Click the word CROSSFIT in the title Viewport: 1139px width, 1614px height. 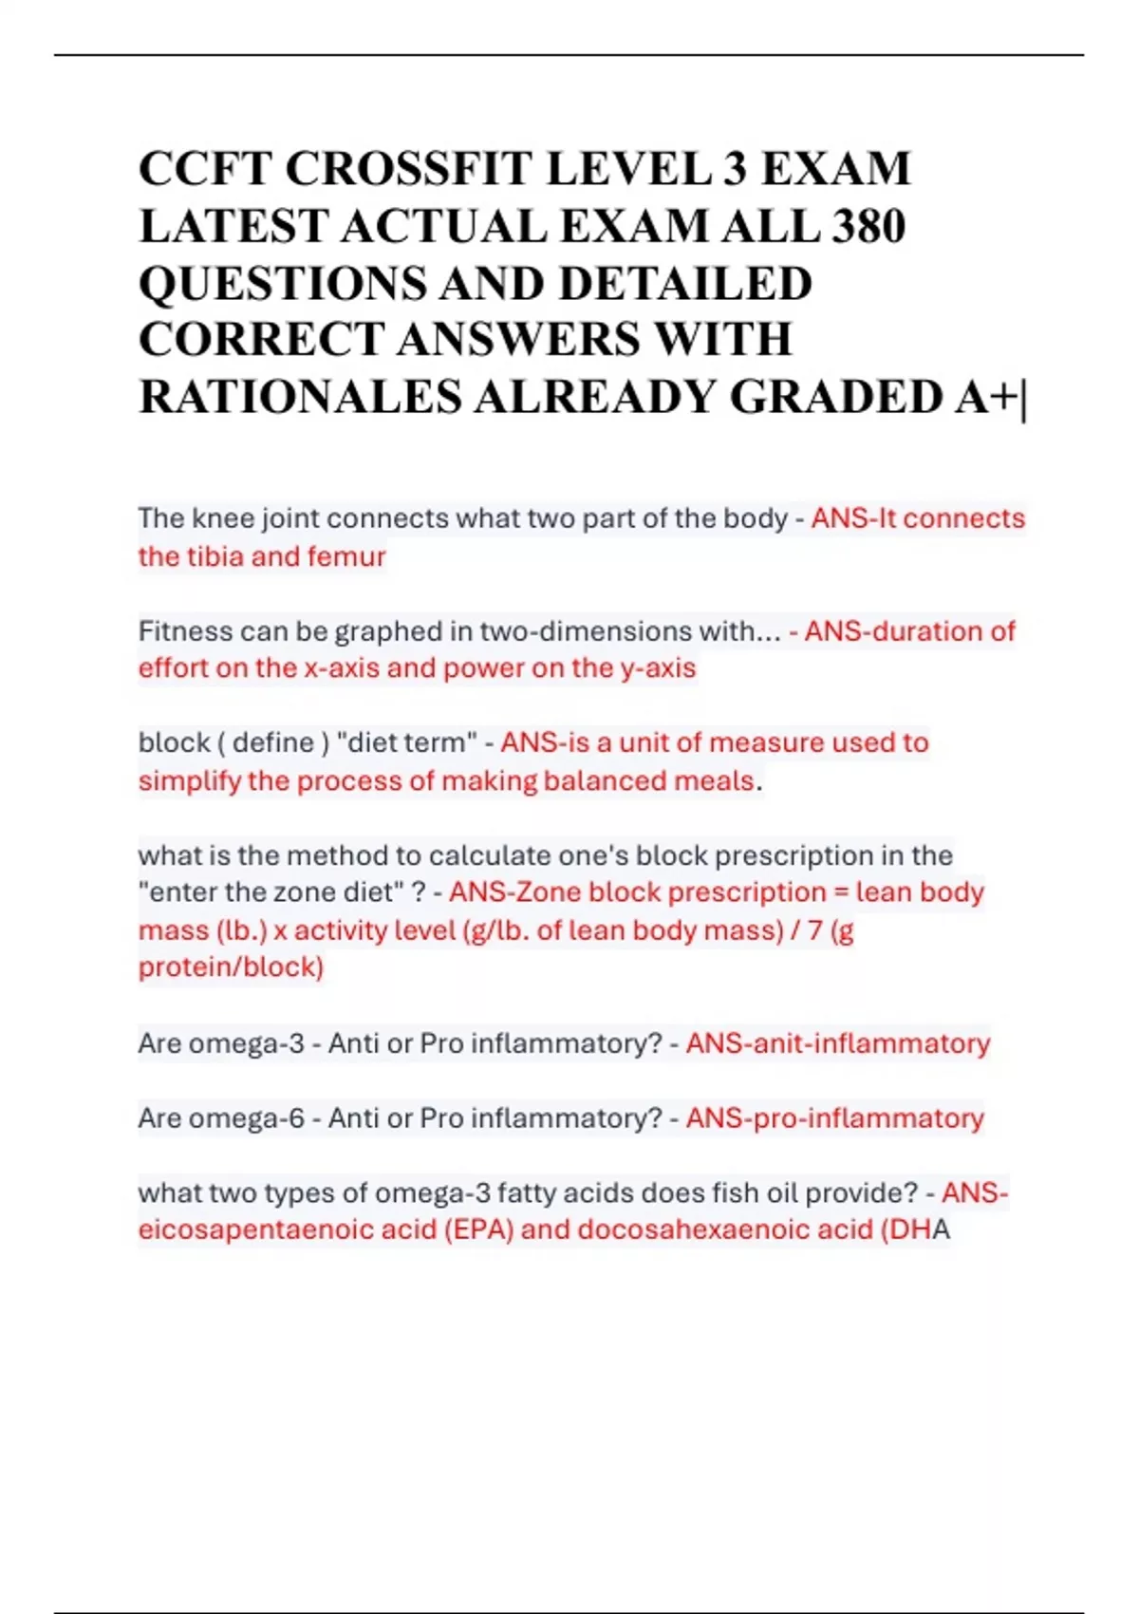tap(407, 169)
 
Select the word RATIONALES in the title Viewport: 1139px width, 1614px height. tap(300, 397)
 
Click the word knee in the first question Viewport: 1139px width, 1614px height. tap(224, 518)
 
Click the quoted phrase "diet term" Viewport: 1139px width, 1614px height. tap(407, 742)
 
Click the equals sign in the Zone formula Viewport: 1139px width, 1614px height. tap(841, 892)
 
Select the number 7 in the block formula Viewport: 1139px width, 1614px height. tap(814, 930)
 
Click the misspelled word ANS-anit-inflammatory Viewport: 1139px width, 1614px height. tap(837, 1043)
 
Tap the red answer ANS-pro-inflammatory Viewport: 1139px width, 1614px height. tap(834, 1118)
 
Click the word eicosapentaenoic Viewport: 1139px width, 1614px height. tap(255, 1230)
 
